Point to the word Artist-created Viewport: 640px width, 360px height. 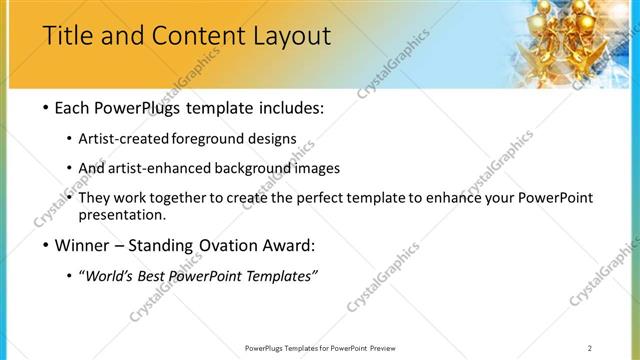(x=138, y=139)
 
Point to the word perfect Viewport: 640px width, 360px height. (x=319, y=198)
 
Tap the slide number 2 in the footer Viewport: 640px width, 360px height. (x=590, y=348)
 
